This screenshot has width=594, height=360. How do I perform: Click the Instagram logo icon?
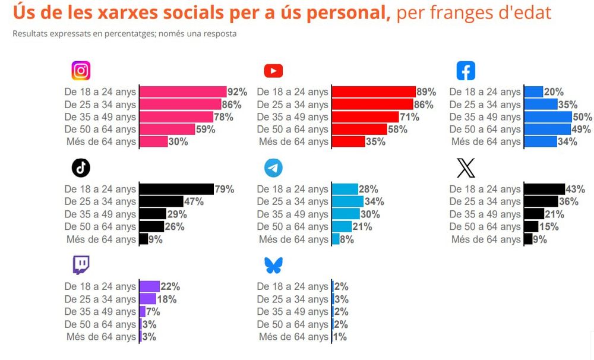coord(81,71)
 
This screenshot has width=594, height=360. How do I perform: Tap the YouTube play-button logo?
coord(273,71)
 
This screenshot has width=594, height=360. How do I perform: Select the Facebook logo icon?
coord(466,71)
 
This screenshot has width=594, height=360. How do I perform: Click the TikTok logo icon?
coord(81,168)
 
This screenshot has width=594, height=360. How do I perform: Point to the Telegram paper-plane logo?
coord(273,169)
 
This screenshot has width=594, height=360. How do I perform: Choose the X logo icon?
coord(466,169)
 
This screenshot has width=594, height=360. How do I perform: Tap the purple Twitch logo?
coord(81,265)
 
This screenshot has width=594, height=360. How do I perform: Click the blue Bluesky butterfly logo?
coord(273,266)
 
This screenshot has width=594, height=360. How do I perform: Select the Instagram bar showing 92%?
coord(183,92)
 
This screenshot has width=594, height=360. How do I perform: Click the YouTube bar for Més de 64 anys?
coord(348,142)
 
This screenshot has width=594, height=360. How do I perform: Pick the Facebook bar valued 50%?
coord(548,117)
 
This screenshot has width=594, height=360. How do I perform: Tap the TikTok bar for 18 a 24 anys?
coord(176,190)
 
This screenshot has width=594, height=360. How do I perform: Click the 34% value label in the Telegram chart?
coord(374,202)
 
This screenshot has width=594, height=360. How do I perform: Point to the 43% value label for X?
coord(576,190)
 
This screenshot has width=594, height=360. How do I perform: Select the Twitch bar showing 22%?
coord(149,287)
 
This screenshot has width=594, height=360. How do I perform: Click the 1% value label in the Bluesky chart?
coord(340,337)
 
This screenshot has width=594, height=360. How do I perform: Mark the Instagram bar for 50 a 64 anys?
coord(167,130)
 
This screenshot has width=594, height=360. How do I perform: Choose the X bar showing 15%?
coord(531,227)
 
